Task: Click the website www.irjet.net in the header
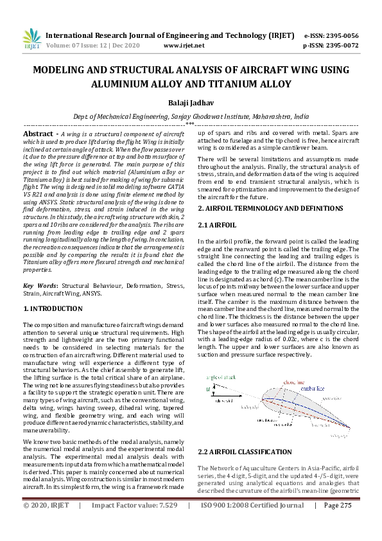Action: pos(184,46)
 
